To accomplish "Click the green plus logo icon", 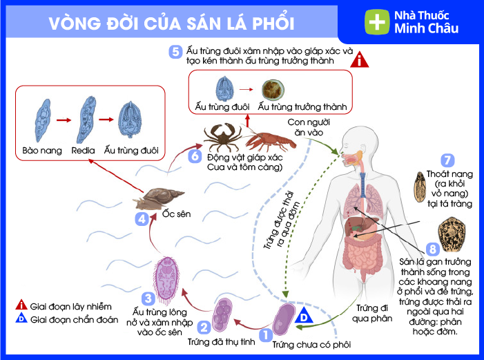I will point(376,21).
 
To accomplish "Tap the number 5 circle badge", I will point(176,51).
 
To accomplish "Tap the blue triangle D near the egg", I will point(304,316).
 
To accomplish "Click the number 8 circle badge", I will point(433,247).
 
